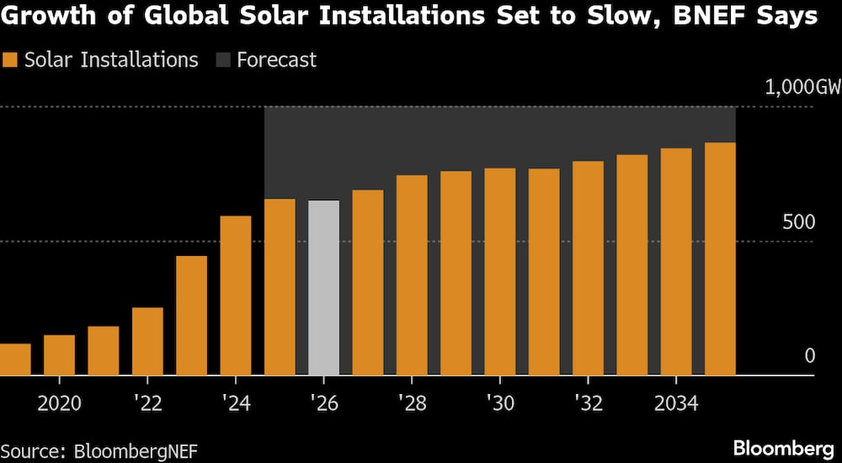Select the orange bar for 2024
point(236,295)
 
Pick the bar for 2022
point(147,341)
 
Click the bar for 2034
point(676,262)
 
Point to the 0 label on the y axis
point(810,356)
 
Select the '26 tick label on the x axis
point(323,403)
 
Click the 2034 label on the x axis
point(676,403)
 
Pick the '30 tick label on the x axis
point(500,403)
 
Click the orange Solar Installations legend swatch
point(10,60)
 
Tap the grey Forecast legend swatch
point(223,60)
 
